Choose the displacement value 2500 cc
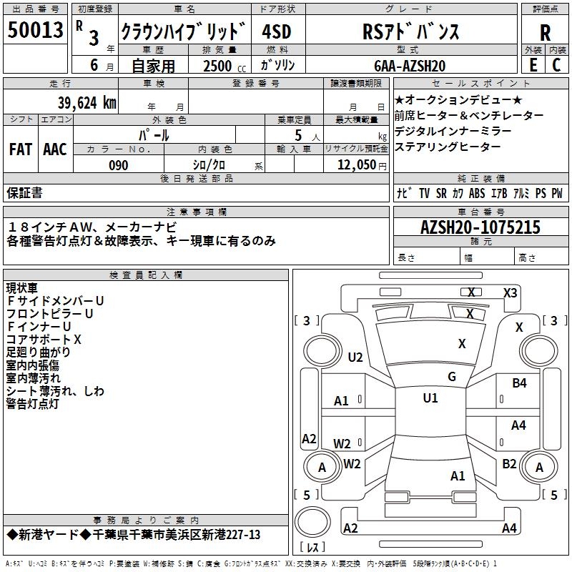[x=221, y=66]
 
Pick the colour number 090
[x=119, y=165]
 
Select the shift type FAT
[x=20, y=149]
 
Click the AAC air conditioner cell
[x=55, y=149]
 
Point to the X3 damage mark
[x=510, y=292]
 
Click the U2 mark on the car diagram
[x=355, y=357]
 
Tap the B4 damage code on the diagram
[x=519, y=383]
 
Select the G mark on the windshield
[x=451, y=376]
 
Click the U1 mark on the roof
[x=430, y=398]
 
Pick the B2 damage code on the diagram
[x=509, y=464]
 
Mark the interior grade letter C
[x=556, y=65]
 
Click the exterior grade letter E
[x=533, y=65]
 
